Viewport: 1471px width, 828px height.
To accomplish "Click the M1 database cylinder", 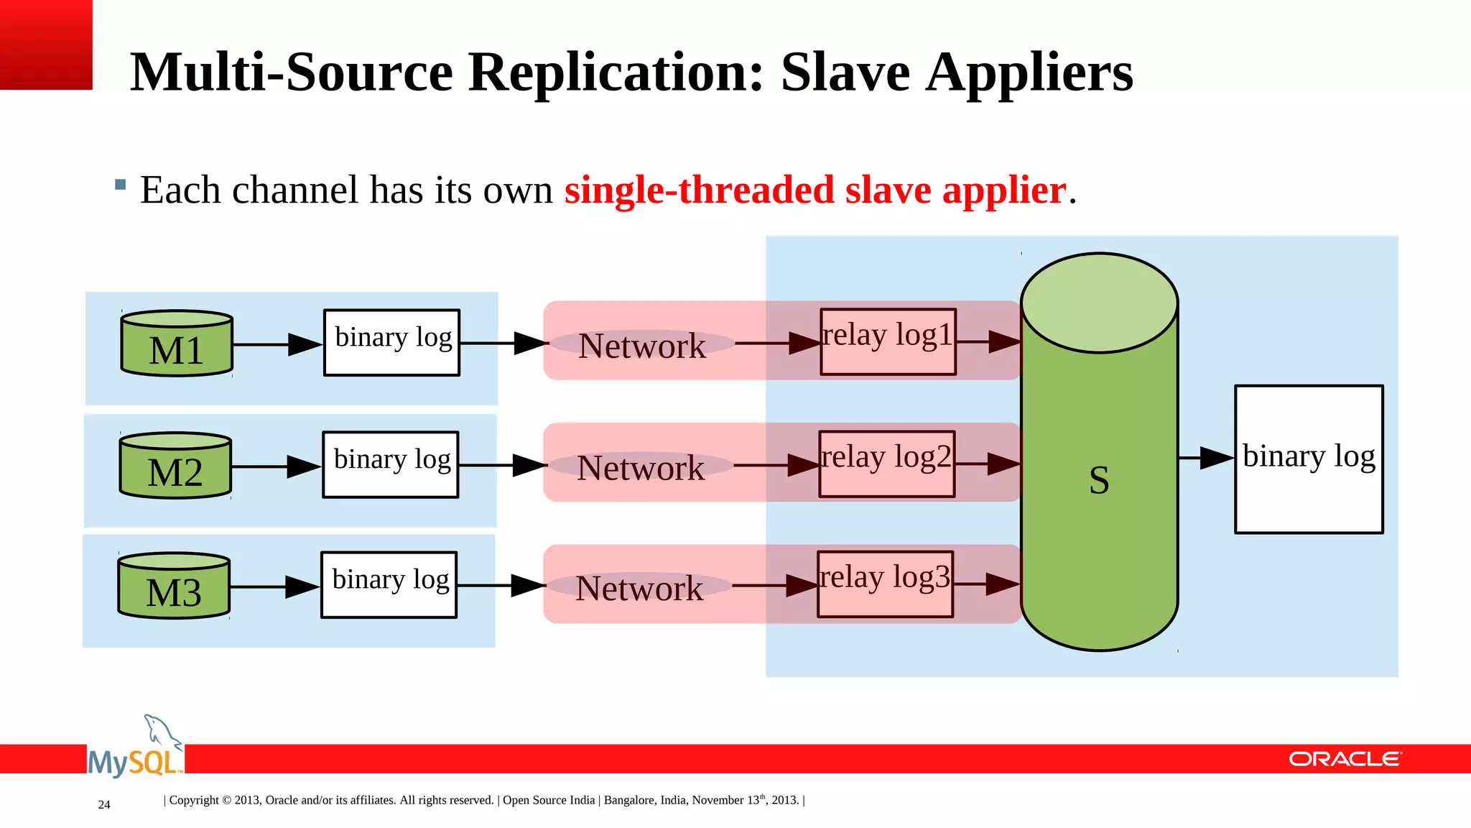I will (x=177, y=344).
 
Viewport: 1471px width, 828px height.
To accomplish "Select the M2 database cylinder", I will (x=175, y=466).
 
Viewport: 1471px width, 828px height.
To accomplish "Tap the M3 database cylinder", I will (x=174, y=586).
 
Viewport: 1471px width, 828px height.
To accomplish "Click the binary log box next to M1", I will (x=392, y=342).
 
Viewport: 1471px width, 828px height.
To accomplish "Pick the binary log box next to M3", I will (x=389, y=584).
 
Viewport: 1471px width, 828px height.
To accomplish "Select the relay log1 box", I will (x=888, y=341).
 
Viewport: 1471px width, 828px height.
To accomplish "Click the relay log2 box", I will (x=887, y=464).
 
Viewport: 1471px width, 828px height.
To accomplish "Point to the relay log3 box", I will (x=886, y=584).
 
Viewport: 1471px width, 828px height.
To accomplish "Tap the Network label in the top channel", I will (x=641, y=346).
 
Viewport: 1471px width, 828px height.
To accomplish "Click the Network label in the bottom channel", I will (x=639, y=588).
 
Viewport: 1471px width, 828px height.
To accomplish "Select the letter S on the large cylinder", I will (x=1099, y=480).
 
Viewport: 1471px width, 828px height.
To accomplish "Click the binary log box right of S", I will (x=1309, y=459).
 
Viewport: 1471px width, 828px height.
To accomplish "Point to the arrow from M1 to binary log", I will (x=277, y=344).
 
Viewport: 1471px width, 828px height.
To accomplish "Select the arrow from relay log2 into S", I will (x=988, y=464).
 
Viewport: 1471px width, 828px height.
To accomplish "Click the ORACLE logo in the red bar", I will (x=1345, y=759).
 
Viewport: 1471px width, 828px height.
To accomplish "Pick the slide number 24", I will (x=104, y=804).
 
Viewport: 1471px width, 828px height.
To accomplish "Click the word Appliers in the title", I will (x=1029, y=73).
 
